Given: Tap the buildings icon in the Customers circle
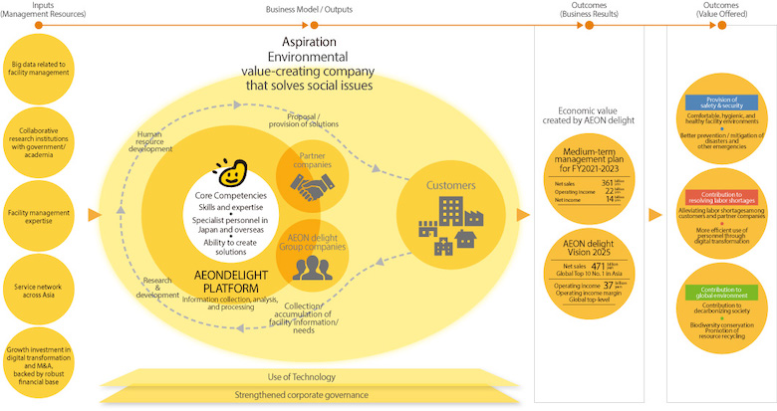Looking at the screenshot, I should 447,224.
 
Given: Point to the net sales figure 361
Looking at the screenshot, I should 607,183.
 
